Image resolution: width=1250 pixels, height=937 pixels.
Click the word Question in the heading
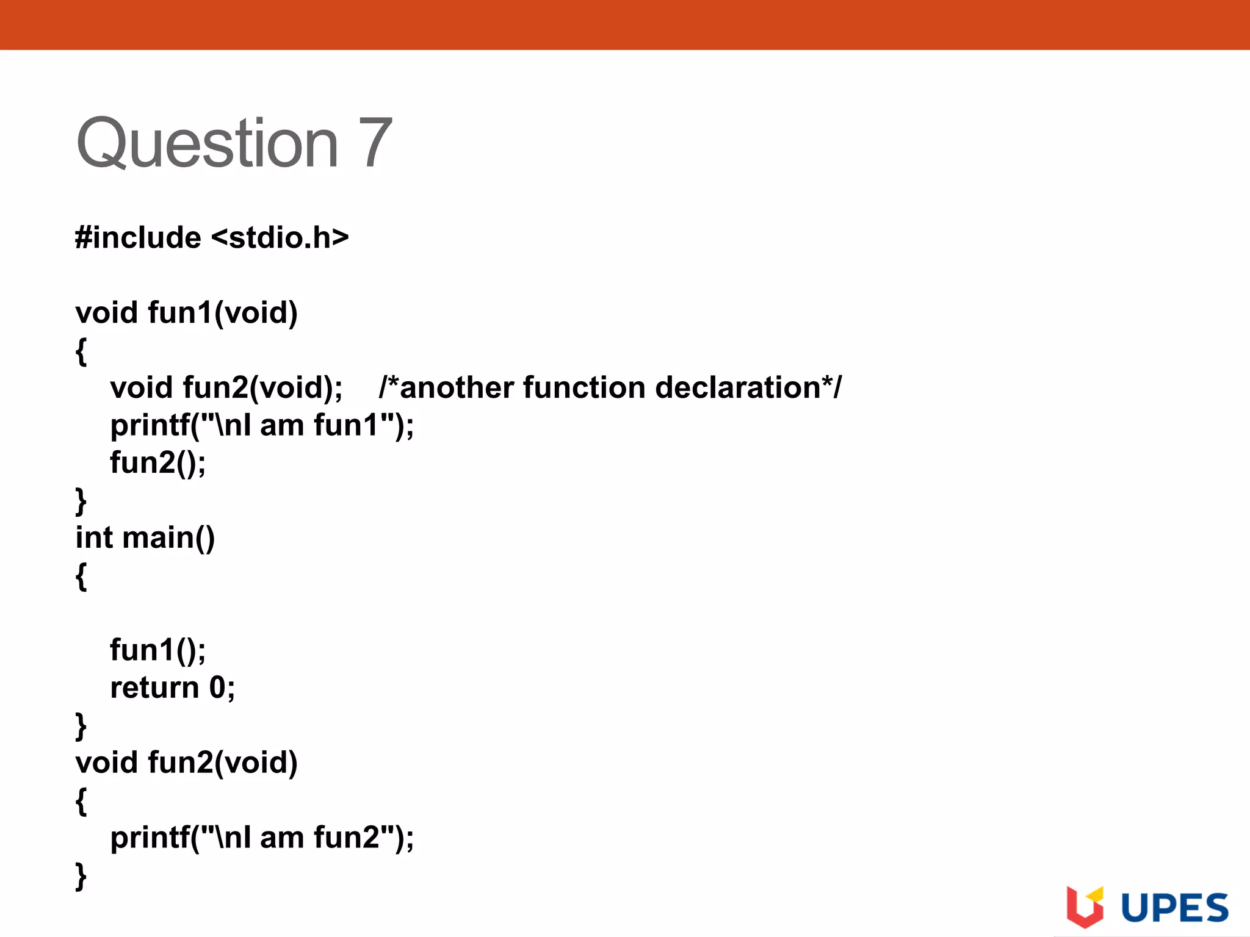[x=207, y=144]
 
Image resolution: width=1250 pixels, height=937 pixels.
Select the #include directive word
[x=138, y=237]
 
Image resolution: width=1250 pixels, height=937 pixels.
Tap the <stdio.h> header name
[x=280, y=237]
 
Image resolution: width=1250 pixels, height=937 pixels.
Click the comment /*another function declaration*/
[x=610, y=387]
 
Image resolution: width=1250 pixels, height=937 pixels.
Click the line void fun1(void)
[x=186, y=312]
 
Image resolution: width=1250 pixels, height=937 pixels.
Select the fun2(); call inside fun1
[x=158, y=462]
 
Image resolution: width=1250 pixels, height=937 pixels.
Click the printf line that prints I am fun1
[x=262, y=425]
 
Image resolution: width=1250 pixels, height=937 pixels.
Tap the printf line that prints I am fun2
[x=262, y=838]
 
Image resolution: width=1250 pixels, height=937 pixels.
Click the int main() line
[x=145, y=538]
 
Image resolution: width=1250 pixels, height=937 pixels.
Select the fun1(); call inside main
[x=158, y=650]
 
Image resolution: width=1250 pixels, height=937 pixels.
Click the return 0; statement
[x=172, y=687]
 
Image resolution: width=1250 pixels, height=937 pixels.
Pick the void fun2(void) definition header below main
[x=186, y=763]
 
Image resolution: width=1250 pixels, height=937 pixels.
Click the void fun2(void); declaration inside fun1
[x=226, y=387]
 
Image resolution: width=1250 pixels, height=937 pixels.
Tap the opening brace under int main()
[x=81, y=576]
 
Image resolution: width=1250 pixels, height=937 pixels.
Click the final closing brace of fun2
[x=81, y=876]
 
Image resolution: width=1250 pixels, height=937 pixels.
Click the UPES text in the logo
[x=1174, y=908]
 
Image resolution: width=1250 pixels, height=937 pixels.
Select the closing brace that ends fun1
[x=81, y=501]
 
